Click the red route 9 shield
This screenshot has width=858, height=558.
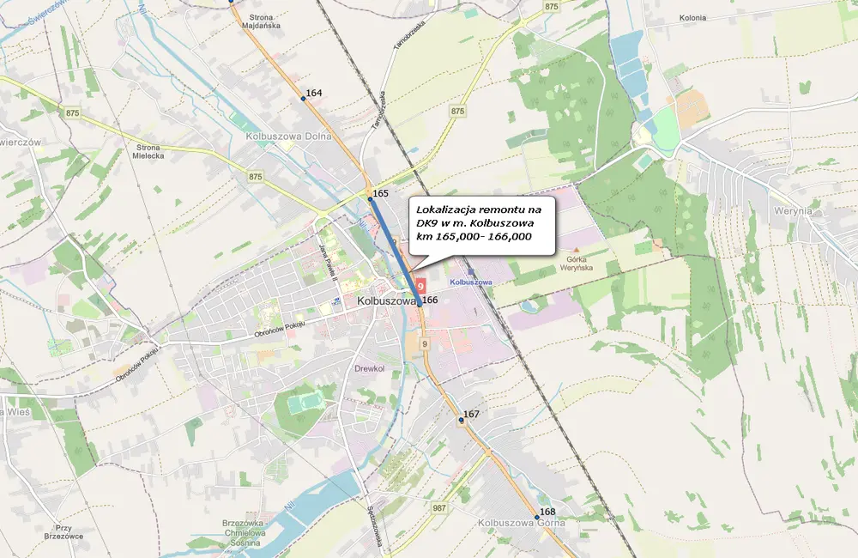click(420, 283)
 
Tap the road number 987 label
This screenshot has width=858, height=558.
click(440, 509)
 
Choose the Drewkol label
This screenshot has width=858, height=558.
click(370, 368)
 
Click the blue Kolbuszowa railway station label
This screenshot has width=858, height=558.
click(470, 282)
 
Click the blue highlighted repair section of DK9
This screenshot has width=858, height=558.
click(395, 249)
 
